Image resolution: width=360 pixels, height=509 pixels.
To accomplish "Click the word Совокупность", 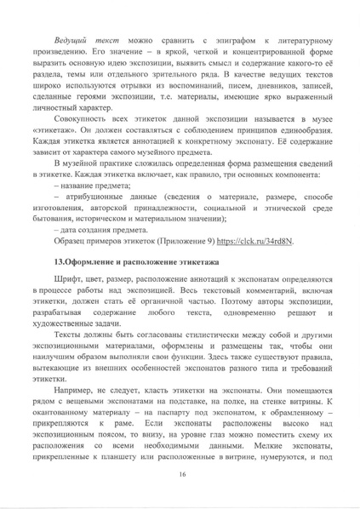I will [x=81, y=149].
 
